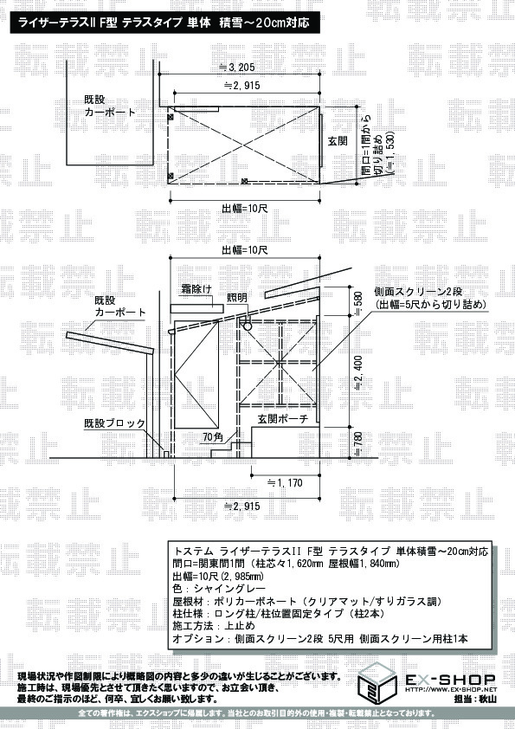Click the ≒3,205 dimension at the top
coord(235,67)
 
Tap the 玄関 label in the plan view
coord(338,139)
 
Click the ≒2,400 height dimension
coord(358,373)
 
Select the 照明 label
coord(236,297)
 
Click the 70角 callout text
coord(213,436)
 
